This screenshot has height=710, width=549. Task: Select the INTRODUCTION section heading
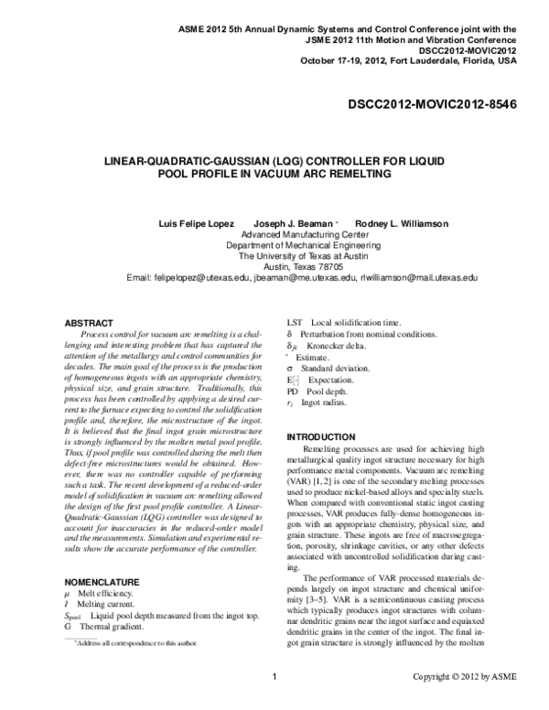click(330, 438)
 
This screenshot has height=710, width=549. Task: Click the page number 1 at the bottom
click(274, 702)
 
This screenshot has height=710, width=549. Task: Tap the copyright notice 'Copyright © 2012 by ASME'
click(464, 702)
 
